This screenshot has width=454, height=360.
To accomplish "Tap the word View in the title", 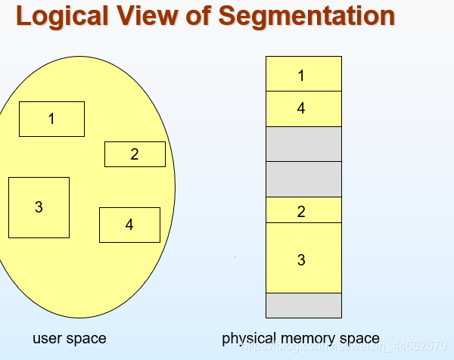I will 152,16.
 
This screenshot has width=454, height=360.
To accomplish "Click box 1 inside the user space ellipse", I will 51,119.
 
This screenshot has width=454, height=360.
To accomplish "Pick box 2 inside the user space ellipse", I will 135,154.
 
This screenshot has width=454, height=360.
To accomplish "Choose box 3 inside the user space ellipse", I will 39,207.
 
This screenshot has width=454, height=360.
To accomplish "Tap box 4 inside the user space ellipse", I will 129,225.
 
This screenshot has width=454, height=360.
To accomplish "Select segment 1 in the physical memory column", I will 303,74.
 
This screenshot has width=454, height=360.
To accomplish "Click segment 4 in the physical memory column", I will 303,109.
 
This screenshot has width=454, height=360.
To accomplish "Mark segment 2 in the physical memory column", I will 303,210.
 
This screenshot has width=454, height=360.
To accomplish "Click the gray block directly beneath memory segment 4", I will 303,144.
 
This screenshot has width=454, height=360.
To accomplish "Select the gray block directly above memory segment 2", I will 303,178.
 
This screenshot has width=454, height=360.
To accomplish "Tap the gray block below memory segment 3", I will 303,305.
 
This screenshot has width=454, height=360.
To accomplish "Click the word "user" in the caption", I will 47,338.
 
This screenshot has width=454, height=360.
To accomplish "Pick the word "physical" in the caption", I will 246,339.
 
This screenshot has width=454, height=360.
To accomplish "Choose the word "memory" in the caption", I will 306,339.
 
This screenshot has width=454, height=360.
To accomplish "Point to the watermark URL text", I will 344,346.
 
